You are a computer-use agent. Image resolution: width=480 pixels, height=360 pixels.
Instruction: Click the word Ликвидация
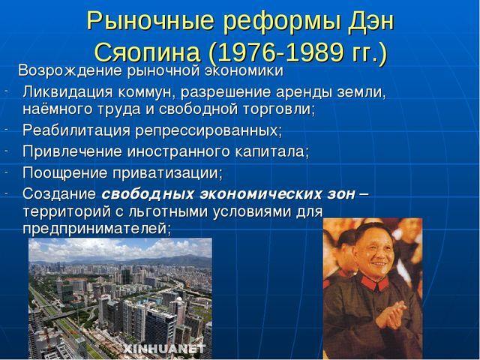(x=67, y=92)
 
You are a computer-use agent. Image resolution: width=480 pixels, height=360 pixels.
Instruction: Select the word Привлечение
(x=72, y=151)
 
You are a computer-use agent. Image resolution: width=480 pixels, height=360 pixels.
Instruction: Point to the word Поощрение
(x=65, y=172)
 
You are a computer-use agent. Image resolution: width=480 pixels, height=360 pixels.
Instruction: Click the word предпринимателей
(x=97, y=229)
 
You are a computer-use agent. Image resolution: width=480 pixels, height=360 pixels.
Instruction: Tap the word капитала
(x=272, y=151)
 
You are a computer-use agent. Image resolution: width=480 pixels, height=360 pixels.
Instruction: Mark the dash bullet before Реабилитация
(x=6, y=129)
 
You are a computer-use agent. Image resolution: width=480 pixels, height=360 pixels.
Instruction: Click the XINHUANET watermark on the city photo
(x=164, y=348)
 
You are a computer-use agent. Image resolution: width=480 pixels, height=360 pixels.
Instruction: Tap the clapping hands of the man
(x=391, y=314)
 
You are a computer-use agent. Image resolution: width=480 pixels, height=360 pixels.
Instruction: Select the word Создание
(x=59, y=194)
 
